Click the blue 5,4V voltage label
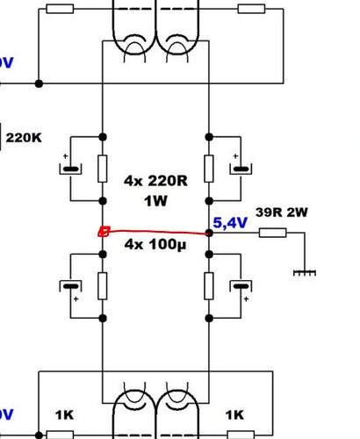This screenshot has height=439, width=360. pyautogui.click(x=230, y=223)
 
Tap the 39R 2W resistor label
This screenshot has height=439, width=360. pyautogui.click(x=282, y=212)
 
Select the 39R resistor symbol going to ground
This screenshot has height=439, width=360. pyautogui.click(x=272, y=233)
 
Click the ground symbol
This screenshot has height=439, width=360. pyautogui.click(x=305, y=273)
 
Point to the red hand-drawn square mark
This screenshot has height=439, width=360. pyautogui.click(x=104, y=232)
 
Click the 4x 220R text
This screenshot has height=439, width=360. pyautogui.click(x=155, y=181)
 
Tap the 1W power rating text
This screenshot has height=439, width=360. pyautogui.click(x=155, y=201)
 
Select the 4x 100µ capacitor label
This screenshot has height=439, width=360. pyautogui.click(x=155, y=244)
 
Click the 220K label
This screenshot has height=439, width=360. pyautogui.click(x=24, y=138)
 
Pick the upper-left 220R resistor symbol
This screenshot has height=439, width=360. pyautogui.click(x=103, y=169)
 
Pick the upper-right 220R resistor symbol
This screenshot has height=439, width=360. pyautogui.click(x=209, y=169)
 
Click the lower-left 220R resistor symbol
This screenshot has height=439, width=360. pyautogui.click(x=103, y=286)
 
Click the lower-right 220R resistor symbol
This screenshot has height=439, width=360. pyautogui.click(x=209, y=286)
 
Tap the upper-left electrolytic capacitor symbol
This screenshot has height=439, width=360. pyautogui.click(x=70, y=168)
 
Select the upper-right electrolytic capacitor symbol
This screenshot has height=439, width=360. pyautogui.click(x=241, y=168)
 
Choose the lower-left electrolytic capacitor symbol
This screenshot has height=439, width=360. pyautogui.click(x=70, y=287)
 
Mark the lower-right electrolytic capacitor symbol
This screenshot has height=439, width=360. pyautogui.click(x=241, y=287)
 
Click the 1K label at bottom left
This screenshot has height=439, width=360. pyautogui.click(x=64, y=415)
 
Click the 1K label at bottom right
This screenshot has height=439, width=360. pyautogui.click(x=234, y=415)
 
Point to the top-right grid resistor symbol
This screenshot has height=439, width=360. pyautogui.click(x=251, y=9)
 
